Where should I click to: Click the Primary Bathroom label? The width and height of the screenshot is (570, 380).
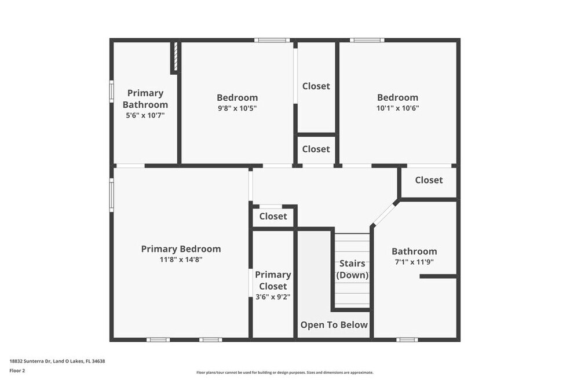[x=145, y=99]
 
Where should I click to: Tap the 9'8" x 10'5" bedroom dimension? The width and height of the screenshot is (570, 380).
[x=237, y=108]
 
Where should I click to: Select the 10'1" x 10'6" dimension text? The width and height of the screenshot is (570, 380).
[x=398, y=108]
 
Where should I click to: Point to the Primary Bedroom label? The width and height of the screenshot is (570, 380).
[x=181, y=249]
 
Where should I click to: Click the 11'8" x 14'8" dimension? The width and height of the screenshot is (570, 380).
[x=181, y=260]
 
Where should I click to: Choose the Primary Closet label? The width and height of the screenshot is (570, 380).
[x=273, y=280]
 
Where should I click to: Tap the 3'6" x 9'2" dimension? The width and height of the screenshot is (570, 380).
[x=273, y=297]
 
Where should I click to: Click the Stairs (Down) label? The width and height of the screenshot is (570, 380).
[x=352, y=269]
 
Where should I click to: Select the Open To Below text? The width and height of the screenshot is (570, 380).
[x=334, y=325]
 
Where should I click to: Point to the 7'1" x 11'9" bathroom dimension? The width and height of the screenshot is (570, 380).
[x=414, y=262]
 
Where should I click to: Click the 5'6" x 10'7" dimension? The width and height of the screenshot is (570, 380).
[x=145, y=116]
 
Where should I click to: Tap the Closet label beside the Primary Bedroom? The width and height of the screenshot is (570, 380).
[x=273, y=217]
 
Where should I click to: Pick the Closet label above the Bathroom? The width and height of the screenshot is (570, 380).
[x=429, y=180]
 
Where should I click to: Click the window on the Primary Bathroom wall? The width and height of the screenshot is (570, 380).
[x=112, y=92]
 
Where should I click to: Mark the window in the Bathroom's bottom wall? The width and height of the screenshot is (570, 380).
[x=407, y=339]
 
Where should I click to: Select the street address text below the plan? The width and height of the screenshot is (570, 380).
[x=57, y=361]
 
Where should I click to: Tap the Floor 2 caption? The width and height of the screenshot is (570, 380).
[x=17, y=371]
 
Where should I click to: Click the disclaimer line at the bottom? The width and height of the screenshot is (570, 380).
[x=284, y=372]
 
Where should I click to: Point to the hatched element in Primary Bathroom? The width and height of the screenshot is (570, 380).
[x=175, y=57]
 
